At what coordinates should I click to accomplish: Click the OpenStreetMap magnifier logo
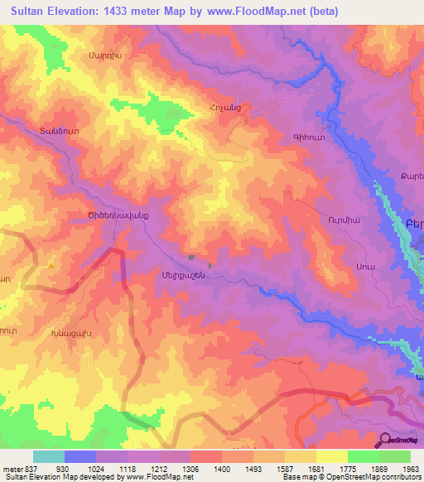[385, 439]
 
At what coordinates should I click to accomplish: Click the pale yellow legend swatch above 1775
[331, 456]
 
